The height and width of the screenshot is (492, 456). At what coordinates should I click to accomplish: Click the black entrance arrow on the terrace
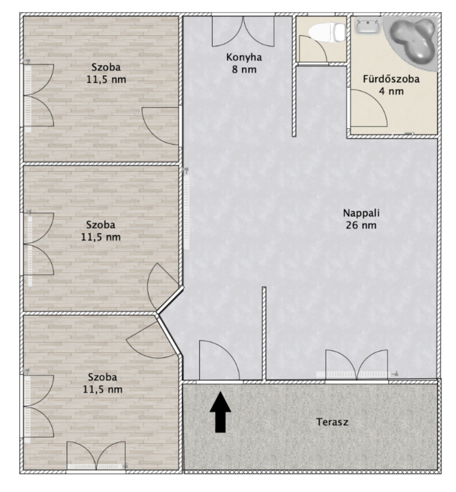click(220, 411)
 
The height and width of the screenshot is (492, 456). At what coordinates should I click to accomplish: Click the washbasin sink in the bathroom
click(367, 26)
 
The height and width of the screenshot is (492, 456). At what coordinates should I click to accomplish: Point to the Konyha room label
click(244, 58)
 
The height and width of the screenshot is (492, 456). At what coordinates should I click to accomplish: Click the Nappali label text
click(361, 213)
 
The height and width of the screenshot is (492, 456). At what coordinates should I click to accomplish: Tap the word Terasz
click(332, 422)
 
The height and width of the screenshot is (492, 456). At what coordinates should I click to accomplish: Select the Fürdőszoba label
click(391, 79)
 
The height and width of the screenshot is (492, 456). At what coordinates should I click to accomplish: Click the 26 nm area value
click(361, 226)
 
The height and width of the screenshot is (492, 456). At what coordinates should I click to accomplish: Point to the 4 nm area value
click(391, 91)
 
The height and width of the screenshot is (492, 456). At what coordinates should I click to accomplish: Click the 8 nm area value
click(244, 70)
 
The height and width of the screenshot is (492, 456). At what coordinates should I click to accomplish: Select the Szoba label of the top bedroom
click(106, 67)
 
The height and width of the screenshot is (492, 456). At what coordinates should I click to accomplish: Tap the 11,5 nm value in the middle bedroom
click(100, 237)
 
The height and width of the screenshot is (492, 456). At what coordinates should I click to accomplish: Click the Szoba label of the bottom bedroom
click(103, 377)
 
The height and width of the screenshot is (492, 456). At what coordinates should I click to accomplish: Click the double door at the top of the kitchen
click(243, 32)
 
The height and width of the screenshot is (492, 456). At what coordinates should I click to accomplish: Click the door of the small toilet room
click(312, 49)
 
